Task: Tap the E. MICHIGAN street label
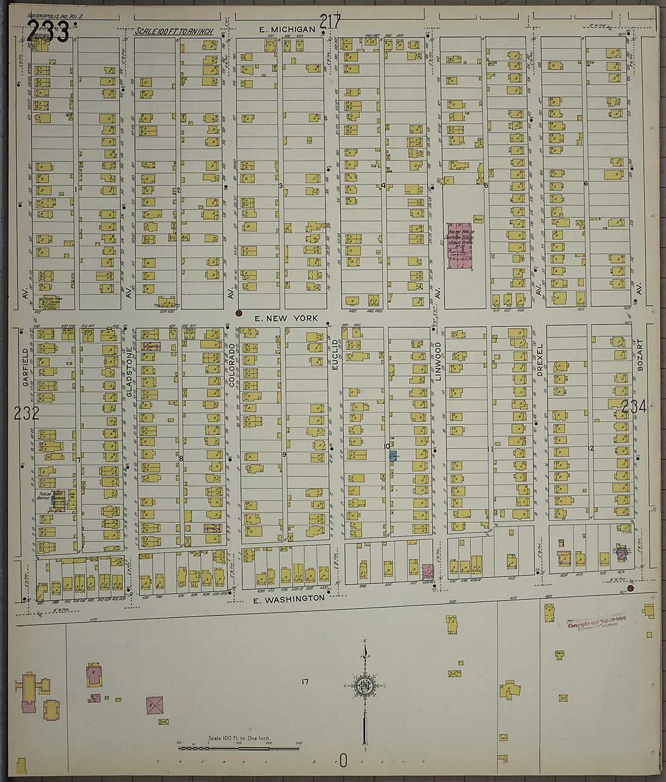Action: pyautogui.click(x=287, y=29)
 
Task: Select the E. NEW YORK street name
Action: pyautogui.click(x=286, y=318)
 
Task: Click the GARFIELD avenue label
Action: pyautogui.click(x=25, y=367)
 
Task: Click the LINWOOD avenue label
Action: pyautogui.click(x=437, y=362)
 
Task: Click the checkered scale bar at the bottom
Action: pyautogui.click(x=239, y=748)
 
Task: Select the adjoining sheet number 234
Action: pyautogui.click(x=633, y=407)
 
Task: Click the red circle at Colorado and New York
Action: pyautogui.click(x=239, y=314)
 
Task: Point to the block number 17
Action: pyautogui.click(x=305, y=682)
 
